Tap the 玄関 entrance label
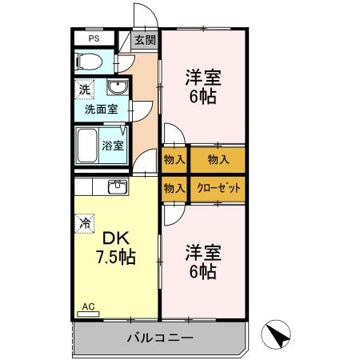145,40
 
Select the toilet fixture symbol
89,62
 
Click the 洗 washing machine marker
83,90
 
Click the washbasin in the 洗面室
118,88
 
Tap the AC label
88,306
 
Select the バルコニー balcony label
160,338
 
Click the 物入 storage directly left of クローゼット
174,188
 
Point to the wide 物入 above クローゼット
218,159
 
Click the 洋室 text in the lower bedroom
203,253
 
